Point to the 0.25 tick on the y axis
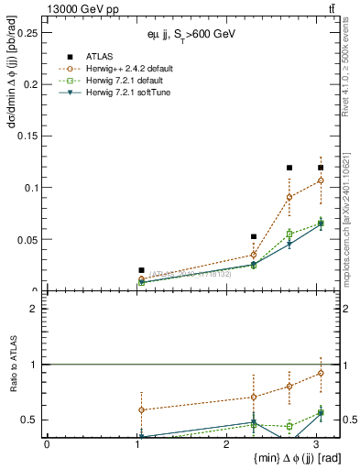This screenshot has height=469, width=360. coord(27,32)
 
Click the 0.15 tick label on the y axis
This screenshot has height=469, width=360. coord(27,136)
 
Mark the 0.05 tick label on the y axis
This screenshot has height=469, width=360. coord(27,239)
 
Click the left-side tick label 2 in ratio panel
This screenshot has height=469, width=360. coord(35,309)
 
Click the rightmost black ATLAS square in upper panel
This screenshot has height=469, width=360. coord(321,168)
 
